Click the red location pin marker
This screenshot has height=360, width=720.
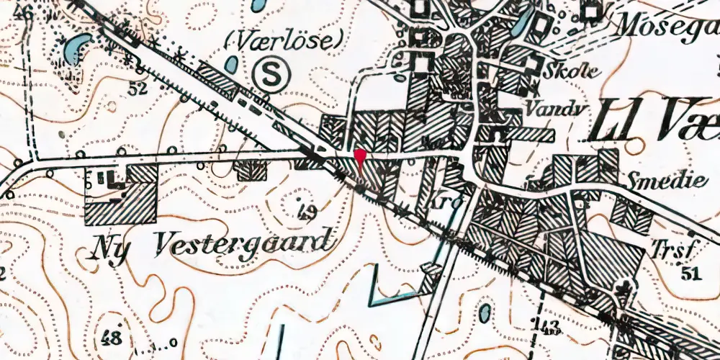pos(360,158)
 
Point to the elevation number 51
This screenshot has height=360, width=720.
pos(690,272)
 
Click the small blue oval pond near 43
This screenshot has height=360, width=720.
pos(485,312)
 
